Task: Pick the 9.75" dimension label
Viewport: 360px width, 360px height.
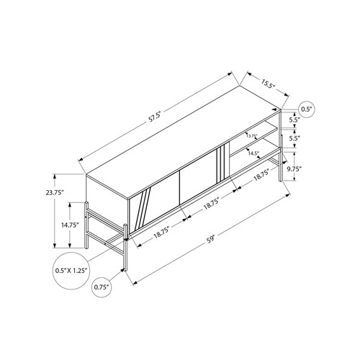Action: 314,168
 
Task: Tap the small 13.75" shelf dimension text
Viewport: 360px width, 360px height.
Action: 251,135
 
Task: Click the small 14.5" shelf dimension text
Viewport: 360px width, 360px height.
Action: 253,153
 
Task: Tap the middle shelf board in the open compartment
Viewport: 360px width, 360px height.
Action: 261,143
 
